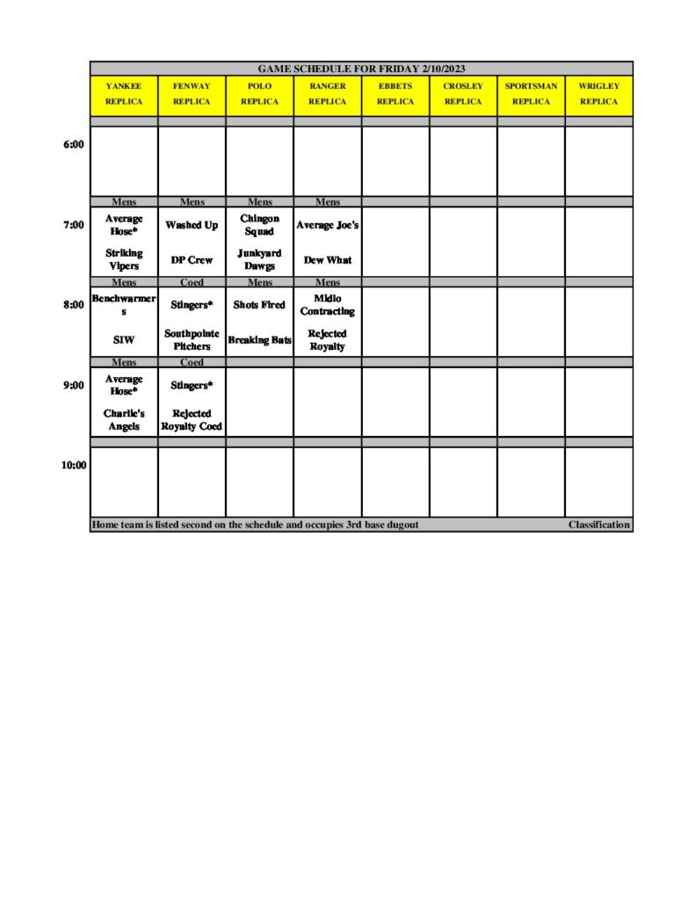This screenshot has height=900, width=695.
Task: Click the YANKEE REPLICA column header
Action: coord(124,94)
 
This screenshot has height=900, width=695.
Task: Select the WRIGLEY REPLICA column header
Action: coord(598,94)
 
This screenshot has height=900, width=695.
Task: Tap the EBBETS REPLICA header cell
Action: coord(395,94)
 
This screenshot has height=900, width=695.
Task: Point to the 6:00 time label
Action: coord(74,144)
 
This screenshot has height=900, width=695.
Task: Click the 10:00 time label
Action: coord(74,466)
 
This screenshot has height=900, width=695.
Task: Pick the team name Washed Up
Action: coord(192,226)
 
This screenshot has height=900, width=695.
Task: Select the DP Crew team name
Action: coord(192,260)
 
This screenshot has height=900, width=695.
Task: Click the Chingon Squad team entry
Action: coord(259,225)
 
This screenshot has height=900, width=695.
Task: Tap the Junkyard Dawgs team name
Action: coord(259,259)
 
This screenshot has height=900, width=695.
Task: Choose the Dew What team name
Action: coord(327,260)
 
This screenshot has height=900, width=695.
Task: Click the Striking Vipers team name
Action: coord(124,259)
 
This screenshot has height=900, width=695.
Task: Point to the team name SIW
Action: coord(124,339)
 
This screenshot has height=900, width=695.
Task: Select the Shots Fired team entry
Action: coord(259,305)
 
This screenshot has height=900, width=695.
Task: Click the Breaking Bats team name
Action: coord(259,339)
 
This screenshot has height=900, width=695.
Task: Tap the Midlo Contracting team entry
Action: coord(327,305)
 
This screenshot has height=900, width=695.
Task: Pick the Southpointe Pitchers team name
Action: coord(192,339)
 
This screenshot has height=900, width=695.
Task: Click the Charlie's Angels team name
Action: coord(124,419)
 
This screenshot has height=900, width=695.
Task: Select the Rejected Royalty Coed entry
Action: coord(192,419)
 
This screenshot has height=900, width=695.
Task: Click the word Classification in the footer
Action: coord(598,525)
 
